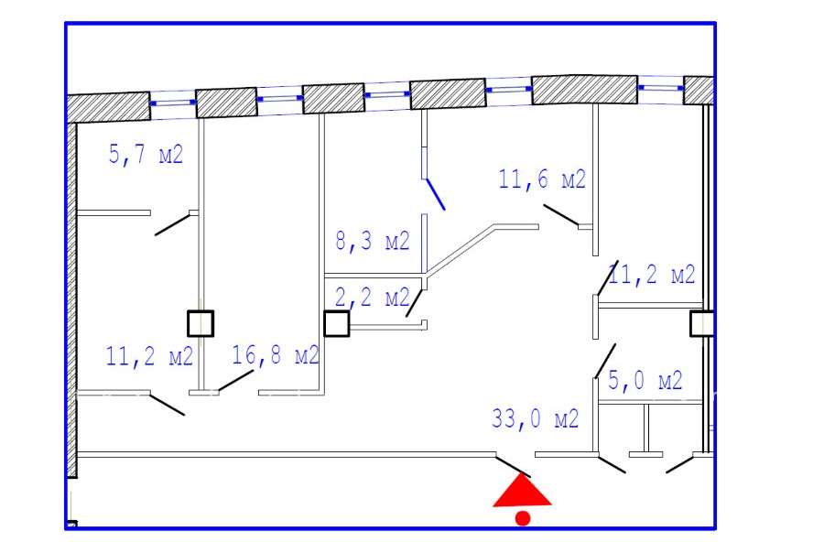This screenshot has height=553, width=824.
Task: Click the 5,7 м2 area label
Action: click(146, 155)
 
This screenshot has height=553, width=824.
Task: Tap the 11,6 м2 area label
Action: click(542, 179)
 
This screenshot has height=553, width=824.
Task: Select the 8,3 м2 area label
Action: click(372, 241)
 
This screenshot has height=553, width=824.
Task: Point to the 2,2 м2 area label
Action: click(372, 298)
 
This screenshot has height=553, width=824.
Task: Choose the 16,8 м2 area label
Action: click(276, 355)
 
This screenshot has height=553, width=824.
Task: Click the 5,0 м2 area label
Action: click(645, 381)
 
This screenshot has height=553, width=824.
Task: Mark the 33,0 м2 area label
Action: click(535, 419)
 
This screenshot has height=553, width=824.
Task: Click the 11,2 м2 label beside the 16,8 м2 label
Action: click(149, 356)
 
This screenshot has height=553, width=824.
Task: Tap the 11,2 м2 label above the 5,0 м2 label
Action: click(652, 275)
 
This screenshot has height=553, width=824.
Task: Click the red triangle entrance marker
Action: click(522, 492)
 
